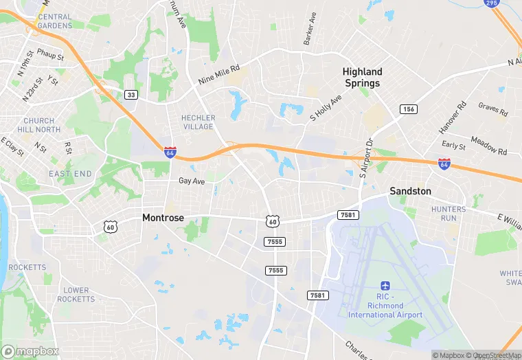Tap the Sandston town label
(410, 191)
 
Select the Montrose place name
(163, 218)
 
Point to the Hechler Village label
(198, 122)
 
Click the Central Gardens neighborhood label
(55, 21)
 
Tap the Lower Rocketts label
(76, 295)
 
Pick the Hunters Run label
(449, 213)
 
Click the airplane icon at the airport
(385, 285)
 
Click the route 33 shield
(130, 95)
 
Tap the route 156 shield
(409, 109)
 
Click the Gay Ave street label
(192, 181)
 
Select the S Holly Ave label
(326, 108)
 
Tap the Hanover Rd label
(453, 117)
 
